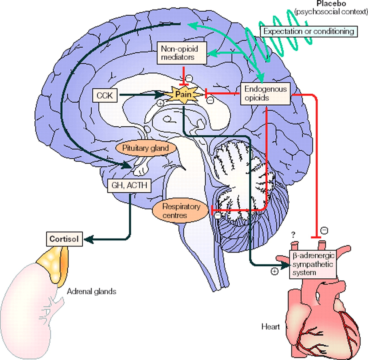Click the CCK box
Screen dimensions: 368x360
point(105,96)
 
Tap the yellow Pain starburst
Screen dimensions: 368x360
point(183,95)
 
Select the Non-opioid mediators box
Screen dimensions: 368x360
point(182,53)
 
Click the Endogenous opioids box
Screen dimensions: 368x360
point(265,94)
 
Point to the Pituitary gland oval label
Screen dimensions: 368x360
point(145,148)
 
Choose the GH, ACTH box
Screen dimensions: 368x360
point(129,186)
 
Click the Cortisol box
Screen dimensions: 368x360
point(64,239)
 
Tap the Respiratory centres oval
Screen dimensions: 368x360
point(181,211)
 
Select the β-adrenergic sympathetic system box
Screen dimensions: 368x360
point(313,264)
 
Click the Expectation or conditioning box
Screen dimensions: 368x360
point(308,31)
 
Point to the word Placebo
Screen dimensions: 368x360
point(331,3)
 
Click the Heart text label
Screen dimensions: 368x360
point(271,327)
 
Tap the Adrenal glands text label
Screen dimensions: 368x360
point(92,291)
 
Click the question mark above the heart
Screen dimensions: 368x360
point(293,234)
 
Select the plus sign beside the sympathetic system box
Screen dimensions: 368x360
point(275,272)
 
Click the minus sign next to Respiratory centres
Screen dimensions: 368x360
point(218,216)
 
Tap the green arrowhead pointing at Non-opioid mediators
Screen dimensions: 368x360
point(212,54)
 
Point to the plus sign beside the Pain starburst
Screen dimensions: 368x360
point(160,103)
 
